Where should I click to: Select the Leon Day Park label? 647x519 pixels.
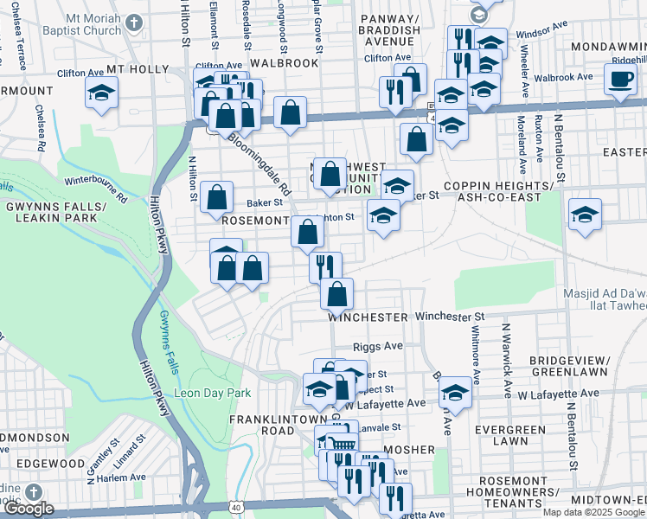point(212,393)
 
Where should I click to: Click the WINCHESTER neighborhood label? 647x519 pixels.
point(368,317)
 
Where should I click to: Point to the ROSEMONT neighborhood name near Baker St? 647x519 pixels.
point(254,221)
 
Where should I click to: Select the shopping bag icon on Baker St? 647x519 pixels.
point(217,196)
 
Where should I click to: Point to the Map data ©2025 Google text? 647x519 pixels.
point(593,512)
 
